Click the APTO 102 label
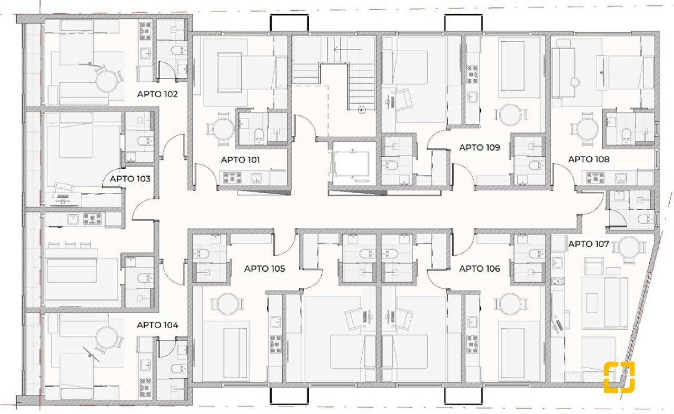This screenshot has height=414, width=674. click(157, 94)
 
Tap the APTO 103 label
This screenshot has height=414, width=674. click(130, 179)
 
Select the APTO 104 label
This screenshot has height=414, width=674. click(157, 325)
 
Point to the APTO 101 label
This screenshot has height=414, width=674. click(240, 160)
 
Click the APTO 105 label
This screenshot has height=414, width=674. click(264, 268)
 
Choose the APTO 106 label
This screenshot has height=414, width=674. click(480, 268)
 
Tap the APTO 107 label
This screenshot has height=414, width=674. click(589, 244)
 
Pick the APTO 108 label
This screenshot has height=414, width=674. click(589, 159)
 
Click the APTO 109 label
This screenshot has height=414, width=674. click(480, 148)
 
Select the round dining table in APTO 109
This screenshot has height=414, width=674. click(510, 115)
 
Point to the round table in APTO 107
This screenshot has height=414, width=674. click(629, 247)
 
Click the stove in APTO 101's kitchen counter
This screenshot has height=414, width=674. click(232, 178)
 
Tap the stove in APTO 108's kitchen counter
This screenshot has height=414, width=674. click(594, 178)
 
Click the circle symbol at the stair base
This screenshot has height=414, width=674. click(362, 110)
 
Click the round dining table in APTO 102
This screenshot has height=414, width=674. click(107, 81)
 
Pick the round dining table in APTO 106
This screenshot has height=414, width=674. click(510, 304)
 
